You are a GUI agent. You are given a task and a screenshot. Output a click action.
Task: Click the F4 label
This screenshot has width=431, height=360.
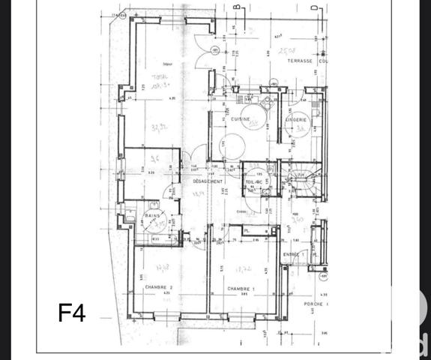tap(73, 313)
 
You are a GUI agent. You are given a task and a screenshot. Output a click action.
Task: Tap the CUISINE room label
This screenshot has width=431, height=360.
tap(239, 118)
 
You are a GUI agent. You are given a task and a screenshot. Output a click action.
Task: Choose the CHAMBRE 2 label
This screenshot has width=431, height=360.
tap(159, 288)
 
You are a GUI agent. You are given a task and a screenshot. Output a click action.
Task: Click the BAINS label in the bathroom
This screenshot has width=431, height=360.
tap(153, 214)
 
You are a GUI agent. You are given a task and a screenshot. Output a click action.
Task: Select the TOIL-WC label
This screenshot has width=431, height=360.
tap(255, 181)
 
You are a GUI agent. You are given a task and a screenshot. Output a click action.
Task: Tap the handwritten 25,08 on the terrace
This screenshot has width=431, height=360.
tap(286, 52)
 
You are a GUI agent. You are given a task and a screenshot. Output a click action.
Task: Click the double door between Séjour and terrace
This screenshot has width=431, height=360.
tap(202, 52)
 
